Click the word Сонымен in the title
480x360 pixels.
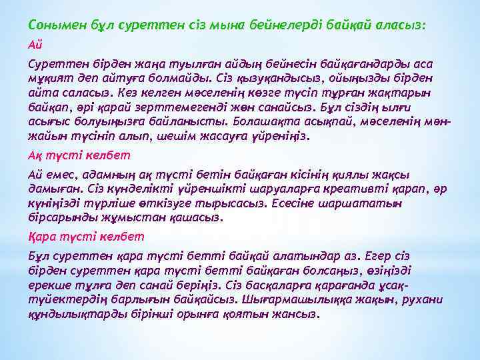coord(55,24)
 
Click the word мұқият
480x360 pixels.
coord(51,80)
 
